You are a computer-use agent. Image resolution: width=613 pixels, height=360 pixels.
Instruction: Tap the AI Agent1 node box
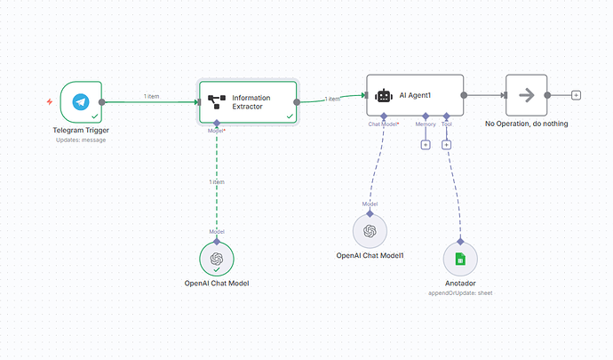click(415, 95)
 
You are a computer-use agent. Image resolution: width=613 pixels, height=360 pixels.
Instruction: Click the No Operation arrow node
click(525, 94)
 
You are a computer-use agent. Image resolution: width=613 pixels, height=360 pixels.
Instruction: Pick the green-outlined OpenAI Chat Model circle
click(216, 260)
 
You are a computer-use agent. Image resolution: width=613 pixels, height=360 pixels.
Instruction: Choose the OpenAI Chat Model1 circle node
click(370, 232)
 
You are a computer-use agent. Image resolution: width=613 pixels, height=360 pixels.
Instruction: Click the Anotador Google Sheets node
click(460, 259)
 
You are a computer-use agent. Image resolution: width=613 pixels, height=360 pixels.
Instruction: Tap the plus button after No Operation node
click(577, 94)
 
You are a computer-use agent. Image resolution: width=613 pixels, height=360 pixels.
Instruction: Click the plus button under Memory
click(426, 144)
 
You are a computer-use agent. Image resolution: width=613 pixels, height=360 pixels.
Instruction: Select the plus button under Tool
click(447, 144)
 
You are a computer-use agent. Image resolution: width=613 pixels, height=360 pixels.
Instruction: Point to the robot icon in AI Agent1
click(384, 95)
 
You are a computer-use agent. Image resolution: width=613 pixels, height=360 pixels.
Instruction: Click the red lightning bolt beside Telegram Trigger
click(51, 102)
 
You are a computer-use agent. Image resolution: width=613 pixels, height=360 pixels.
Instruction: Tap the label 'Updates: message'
click(82, 141)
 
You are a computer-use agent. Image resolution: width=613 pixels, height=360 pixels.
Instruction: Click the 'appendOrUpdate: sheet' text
click(460, 292)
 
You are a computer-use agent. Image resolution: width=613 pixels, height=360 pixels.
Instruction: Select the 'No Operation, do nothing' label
click(527, 124)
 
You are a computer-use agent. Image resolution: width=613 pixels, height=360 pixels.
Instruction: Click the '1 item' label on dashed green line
click(217, 181)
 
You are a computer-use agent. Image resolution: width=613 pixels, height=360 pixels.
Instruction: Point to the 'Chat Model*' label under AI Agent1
click(384, 124)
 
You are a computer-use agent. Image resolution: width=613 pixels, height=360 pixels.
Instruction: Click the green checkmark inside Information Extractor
click(290, 116)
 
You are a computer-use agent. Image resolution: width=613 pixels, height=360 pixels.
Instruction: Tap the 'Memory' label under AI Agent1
click(426, 124)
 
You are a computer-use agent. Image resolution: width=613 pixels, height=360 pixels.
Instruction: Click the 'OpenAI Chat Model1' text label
click(370, 255)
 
